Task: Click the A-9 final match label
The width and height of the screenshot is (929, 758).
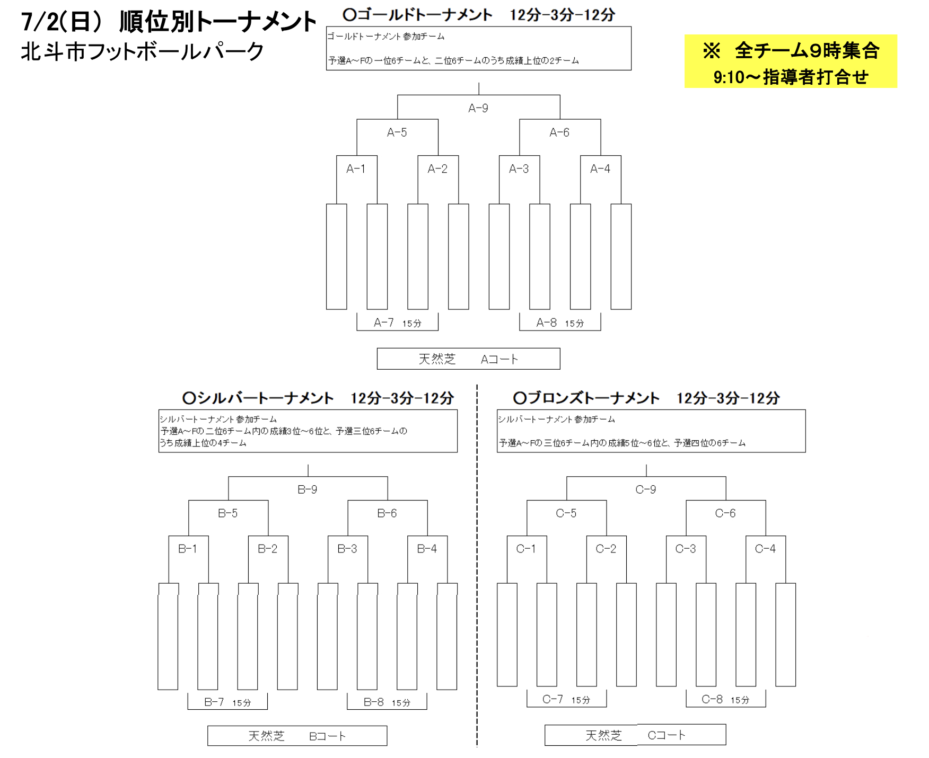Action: point(478,109)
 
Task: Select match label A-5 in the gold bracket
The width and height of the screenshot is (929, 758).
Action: point(397,132)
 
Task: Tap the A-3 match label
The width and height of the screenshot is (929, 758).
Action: point(519,169)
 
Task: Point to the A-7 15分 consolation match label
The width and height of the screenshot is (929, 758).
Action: point(397,323)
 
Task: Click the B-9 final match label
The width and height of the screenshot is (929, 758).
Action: point(307,489)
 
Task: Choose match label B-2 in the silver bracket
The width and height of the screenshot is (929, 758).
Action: point(267,549)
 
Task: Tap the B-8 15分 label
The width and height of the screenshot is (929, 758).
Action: point(387,702)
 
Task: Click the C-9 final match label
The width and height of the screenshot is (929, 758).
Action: point(645,489)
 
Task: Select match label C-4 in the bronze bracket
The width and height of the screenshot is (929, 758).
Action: point(765,549)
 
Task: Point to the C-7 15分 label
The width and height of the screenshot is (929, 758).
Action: point(566,699)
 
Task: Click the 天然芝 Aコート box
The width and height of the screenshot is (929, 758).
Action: point(468,359)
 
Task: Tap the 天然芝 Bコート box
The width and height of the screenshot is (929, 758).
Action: point(297,736)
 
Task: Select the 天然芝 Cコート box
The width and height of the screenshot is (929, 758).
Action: point(635,735)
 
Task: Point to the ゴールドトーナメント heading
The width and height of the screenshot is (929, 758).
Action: point(418,15)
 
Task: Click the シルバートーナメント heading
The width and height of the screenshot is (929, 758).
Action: point(258,398)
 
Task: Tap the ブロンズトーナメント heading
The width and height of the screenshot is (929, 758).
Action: point(586,398)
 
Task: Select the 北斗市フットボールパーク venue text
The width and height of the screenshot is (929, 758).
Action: point(142,52)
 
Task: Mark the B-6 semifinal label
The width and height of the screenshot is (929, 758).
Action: point(387,513)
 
